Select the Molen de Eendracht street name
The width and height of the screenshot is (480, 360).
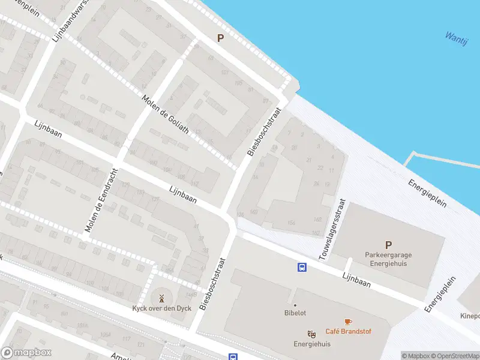100,199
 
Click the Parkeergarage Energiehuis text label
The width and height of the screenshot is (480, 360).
388,259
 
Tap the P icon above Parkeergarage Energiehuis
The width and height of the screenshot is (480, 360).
388,245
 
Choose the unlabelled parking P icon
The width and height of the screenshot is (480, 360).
220,38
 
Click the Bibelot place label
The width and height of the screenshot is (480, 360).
295,313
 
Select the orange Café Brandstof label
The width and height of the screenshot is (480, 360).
347,331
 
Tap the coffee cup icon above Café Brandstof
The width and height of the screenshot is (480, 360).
347,322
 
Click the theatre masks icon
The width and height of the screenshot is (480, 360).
311,334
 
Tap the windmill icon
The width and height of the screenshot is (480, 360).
161,298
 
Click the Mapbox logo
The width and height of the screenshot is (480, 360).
26,353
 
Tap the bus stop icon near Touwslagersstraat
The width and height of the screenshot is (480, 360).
302,267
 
